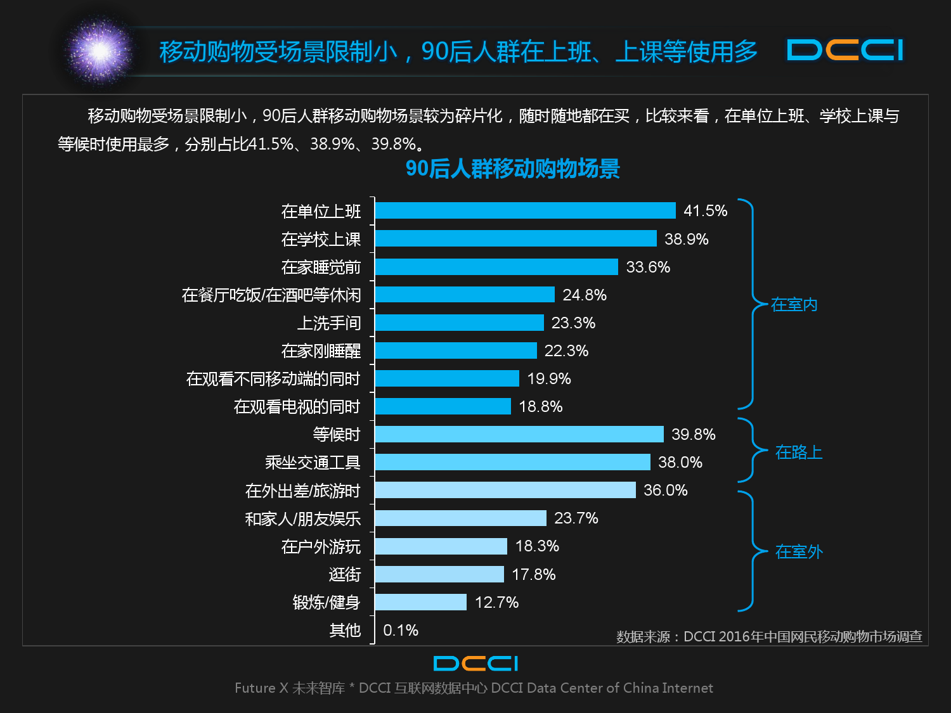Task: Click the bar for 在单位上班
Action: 525,210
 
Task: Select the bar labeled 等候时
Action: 519,434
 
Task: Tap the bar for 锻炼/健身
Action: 420,602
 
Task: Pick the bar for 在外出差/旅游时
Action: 505,490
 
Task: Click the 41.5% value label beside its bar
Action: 705,211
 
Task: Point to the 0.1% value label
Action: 401,631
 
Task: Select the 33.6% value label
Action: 648,267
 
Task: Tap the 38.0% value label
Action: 680,463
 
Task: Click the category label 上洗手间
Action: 329,323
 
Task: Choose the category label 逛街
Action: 345,575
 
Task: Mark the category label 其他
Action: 345,631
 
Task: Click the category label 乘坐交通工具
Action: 313,463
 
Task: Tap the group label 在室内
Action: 794,305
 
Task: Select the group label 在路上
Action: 799,453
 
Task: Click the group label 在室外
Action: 799,552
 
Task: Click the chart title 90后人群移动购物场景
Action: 512,169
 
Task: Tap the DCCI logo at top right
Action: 844,51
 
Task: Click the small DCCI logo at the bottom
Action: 475,664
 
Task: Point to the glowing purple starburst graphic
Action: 100,51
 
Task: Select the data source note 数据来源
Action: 769,636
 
